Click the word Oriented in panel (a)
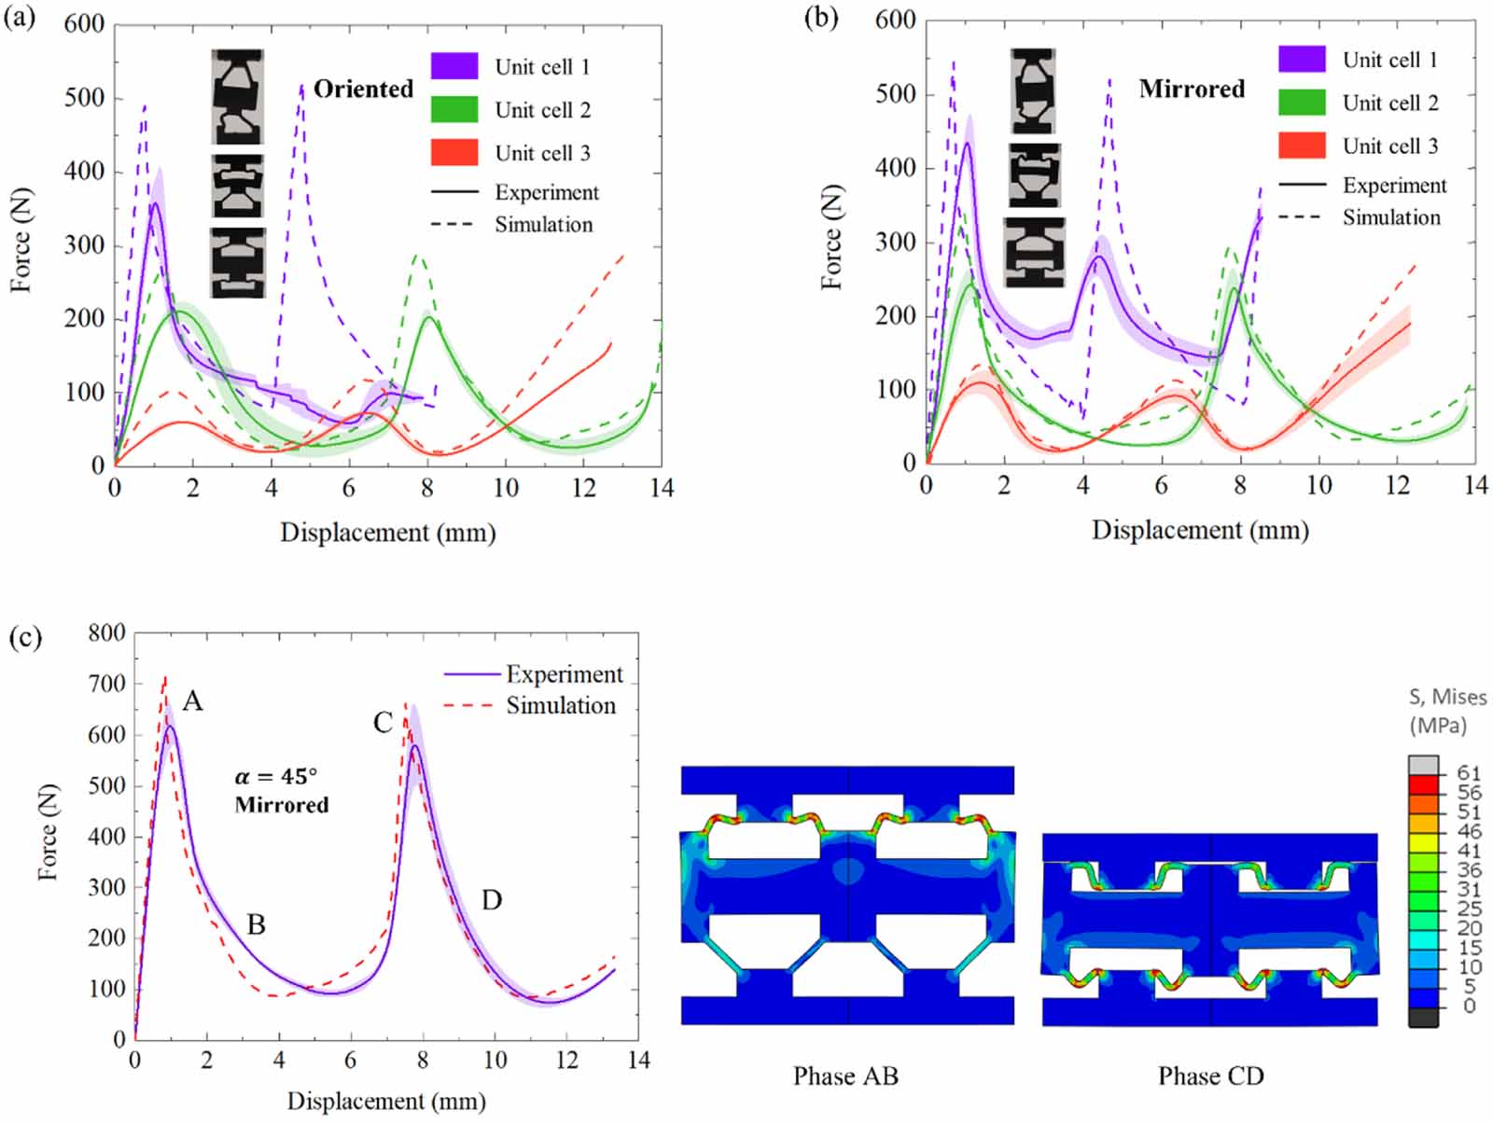coord(363,89)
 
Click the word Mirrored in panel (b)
coord(1192,89)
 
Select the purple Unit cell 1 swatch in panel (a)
coord(454,66)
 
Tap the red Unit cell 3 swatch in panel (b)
coord(1302,146)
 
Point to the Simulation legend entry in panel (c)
coord(560,705)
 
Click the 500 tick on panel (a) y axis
coord(83,98)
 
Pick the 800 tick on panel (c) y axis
coord(106,632)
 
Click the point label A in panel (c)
coord(192,701)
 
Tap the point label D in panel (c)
coord(492,900)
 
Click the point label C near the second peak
coord(383,722)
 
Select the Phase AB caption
coord(845,1076)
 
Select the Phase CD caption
coord(1210,1076)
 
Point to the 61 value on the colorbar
coord(1468,772)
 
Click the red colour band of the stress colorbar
coord(1423,784)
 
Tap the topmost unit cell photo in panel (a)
coord(237,97)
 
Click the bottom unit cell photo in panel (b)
coord(1034,252)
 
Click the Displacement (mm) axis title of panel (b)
coord(1200,530)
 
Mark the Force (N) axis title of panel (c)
coord(48,830)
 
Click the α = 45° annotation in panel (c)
coord(275,776)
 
